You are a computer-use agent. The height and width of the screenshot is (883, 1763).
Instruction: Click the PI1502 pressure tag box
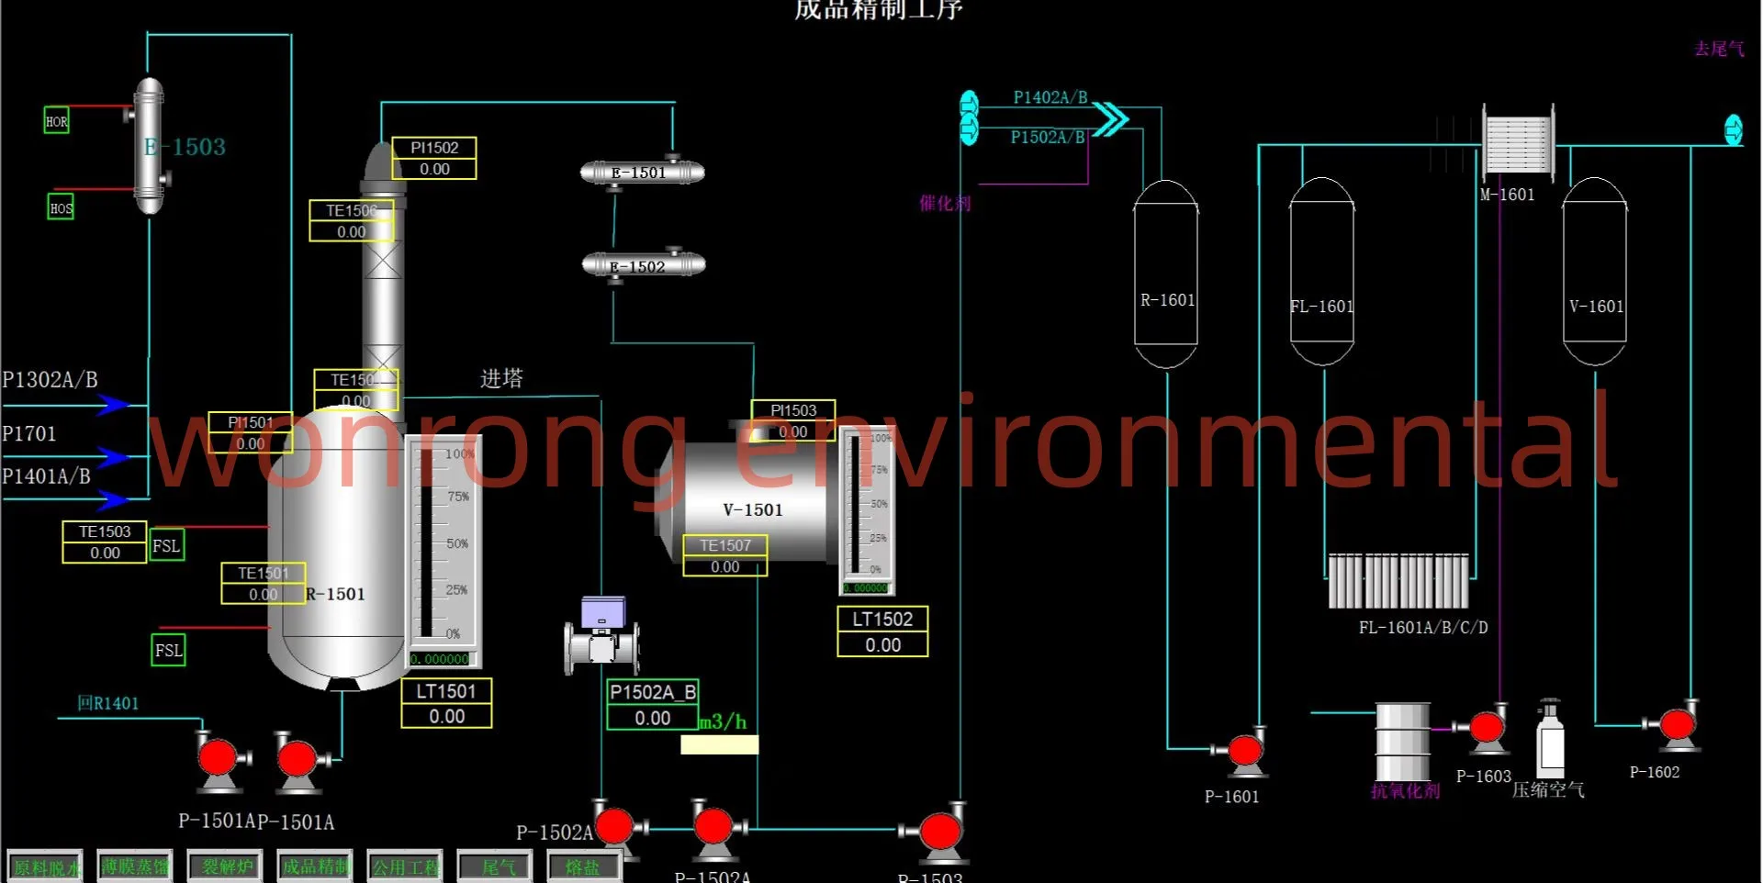pyautogui.click(x=434, y=158)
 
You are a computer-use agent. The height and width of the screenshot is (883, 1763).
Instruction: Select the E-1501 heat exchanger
pyautogui.click(x=642, y=173)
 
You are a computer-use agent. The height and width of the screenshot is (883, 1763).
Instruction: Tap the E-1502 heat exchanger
pyautogui.click(x=644, y=266)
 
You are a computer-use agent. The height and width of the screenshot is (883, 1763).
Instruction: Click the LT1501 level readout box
pyautogui.click(x=446, y=704)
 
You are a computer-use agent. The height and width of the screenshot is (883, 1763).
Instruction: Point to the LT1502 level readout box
pyautogui.click(x=882, y=632)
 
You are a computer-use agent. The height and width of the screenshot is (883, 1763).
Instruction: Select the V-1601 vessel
pyautogui.click(x=1594, y=273)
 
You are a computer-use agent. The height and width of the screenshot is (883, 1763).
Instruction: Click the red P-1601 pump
pyautogui.click(x=1245, y=750)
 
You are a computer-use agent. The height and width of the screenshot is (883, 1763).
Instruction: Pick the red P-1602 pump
pyautogui.click(x=1678, y=724)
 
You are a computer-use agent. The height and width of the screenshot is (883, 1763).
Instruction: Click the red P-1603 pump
pyautogui.click(x=1487, y=729)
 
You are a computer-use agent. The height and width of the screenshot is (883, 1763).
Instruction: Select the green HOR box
pyautogui.click(x=57, y=121)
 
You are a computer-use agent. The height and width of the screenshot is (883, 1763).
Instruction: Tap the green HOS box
pyautogui.click(x=61, y=207)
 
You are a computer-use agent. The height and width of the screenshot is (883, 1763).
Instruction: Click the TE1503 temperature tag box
pyautogui.click(x=105, y=542)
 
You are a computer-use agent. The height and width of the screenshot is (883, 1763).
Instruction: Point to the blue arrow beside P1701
pyautogui.click(x=113, y=455)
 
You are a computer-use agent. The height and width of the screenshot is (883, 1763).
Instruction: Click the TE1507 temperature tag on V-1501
pyautogui.click(x=725, y=556)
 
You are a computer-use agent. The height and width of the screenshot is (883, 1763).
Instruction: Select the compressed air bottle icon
pyautogui.click(x=1551, y=739)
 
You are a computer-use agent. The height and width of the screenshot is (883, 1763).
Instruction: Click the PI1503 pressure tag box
pyautogui.click(x=793, y=421)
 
